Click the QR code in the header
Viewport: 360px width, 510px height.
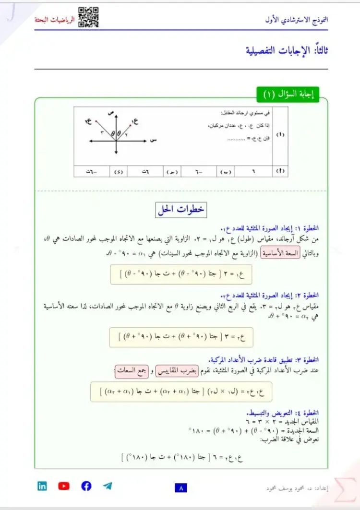[x=88, y=17]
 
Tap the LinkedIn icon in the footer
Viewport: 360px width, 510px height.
[x=42, y=486]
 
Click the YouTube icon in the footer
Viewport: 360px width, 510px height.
[x=64, y=486]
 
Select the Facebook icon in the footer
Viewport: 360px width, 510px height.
[x=86, y=486]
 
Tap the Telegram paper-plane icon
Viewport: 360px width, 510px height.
[x=108, y=486]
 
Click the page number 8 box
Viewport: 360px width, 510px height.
[x=181, y=488]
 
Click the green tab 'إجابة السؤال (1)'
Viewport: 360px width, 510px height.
[x=288, y=95]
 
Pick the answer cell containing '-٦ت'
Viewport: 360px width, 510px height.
[x=92, y=171]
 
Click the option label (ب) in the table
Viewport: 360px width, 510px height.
[x=225, y=171]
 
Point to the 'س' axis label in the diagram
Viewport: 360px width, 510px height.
[x=154, y=140]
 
